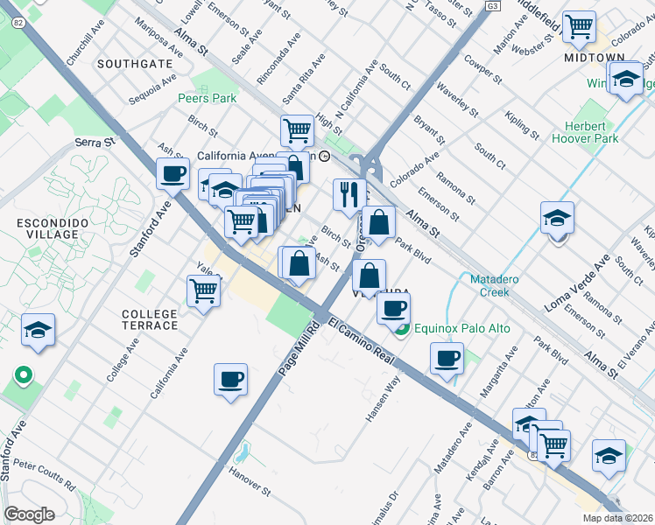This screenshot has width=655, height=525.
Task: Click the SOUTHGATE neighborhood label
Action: point(135,64)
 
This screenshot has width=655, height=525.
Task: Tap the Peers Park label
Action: point(208,99)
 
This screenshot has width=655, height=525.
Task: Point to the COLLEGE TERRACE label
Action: point(150,319)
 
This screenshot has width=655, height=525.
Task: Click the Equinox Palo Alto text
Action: point(462,328)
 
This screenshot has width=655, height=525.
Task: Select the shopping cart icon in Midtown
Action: point(579,26)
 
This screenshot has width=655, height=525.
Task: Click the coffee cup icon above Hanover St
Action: point(230,379)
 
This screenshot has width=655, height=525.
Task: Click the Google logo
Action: point(29,514)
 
